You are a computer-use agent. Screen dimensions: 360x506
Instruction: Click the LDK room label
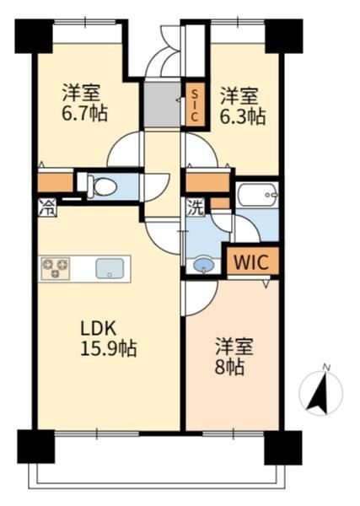[98, 329]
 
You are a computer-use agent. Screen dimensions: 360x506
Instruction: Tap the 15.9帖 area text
[109, 348]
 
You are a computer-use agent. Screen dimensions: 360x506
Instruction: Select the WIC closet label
[251, 262]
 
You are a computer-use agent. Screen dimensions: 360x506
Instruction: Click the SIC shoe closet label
[195, 105]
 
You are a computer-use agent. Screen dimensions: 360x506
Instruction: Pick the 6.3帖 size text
[243, 116]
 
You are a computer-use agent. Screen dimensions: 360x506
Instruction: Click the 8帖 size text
[229, 367]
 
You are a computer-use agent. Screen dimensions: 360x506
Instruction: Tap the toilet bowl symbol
[102, 187]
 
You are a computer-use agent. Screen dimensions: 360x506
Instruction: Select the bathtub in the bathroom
[257, 195]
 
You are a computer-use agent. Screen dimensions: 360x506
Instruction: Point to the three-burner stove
[56, 268]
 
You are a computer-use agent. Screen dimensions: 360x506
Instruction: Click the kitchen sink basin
[110, 268]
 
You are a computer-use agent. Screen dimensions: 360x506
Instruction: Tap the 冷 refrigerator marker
[47, 207]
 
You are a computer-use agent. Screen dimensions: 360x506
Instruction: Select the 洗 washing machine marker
[196, 207]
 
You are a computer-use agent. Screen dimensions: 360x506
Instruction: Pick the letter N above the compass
[327, 367]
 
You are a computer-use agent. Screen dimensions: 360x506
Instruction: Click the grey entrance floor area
[162, 105]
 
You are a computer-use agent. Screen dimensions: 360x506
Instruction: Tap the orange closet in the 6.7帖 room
[56, 183]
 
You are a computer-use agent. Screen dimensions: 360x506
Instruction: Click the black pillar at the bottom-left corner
[35, 447]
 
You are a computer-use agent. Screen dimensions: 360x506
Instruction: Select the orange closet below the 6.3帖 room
[207, 183]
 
